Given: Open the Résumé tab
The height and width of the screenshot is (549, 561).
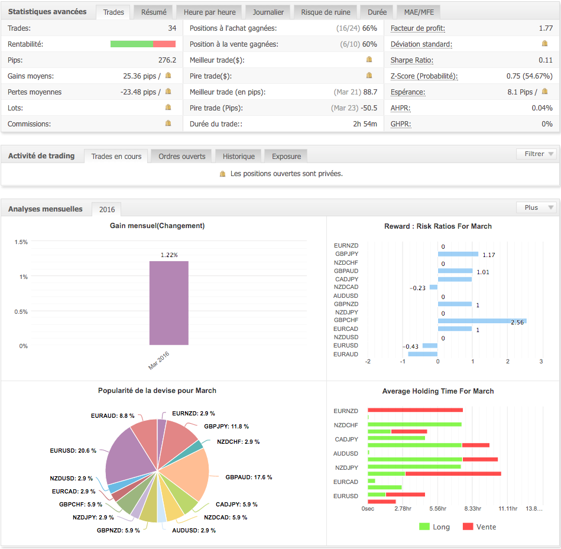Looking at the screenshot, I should pyautogui.click(x=154, y=12).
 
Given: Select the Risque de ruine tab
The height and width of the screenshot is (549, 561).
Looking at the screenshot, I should pyautogui.click(x=325, y=12).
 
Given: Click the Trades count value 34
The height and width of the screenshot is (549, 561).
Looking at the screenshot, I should pyautogui.click(x=172, y=28).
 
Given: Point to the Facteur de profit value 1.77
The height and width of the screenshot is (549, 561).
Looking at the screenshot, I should pyautogui.click(x=546, y=28).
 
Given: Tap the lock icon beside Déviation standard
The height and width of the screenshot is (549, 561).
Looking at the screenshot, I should pyautogui.click(x=544, y=44).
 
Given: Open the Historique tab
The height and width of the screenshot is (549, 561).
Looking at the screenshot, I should pyautogui.click(x=239, y=157).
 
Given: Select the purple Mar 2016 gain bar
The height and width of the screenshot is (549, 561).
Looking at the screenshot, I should pyautogui.click(x=168, y=303).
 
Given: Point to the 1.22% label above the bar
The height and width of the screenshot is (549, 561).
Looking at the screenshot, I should pyautogui.click(x=168, y=255).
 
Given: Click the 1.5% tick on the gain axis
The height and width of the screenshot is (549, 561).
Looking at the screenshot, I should pyautogui.click(x=21, y=242).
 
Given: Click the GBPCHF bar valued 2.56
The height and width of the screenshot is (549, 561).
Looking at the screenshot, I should pyautogui.click(x=482, y=321).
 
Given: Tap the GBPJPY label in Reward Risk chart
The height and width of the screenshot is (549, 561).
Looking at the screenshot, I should pyautogui.click(x=346, y=254).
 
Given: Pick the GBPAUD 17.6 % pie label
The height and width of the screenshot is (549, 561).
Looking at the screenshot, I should pyautogui.click(x=248, y=477).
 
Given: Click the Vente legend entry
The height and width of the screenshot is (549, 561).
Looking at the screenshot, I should pyautogui.click(x=479, y=527).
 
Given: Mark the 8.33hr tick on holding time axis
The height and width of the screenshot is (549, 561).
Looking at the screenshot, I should pyautogui.click(x=472, y=509).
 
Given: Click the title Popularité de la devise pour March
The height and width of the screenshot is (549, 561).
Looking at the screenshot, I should pyautogui.click(x=157, y=391).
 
